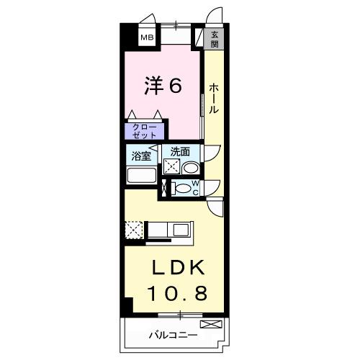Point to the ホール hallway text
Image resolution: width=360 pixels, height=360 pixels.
(x=214, y=99)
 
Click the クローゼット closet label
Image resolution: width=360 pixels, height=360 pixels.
(x=143, y=130)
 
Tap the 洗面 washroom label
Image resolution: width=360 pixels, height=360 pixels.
(x=180, y=152)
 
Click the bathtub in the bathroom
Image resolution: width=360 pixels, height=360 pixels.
(x=141, y=175)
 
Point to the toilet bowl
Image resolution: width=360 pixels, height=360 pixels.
(x=184, y=189)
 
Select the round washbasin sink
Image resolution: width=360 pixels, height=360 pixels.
(x=190, y=168)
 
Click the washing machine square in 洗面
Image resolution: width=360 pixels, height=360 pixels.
(x=171, y=167)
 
